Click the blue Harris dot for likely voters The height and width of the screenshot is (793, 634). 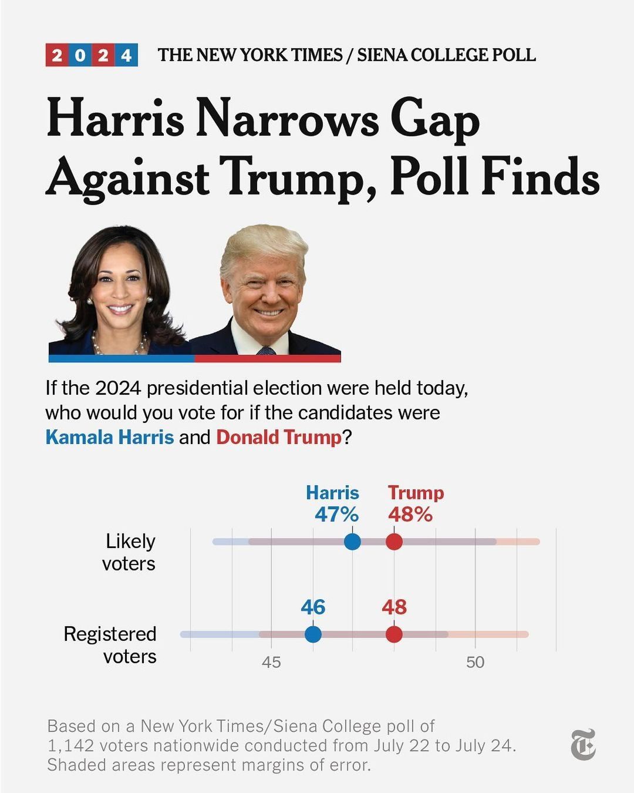click(x=352, y=541)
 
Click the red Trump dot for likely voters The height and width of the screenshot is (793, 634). click(x=394, y=541)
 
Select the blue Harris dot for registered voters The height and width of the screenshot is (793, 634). click(x=313, y=634)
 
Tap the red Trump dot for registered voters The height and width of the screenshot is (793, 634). click(x=394, y=634)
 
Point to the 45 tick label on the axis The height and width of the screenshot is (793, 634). click(x=271, y=663)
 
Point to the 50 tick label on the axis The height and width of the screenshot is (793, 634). click(x=475, y=663)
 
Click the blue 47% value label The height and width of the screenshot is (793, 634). click(x=336, y=515)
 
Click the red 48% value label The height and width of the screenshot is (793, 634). click(x=410, y=515)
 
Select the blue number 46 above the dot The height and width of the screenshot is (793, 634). click(x=313, y=607)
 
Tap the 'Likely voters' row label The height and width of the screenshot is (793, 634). click(x=129, y=552)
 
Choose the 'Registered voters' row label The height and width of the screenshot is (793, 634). click(x=110, y=645)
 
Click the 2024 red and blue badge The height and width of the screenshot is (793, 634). click(x=92, y=55)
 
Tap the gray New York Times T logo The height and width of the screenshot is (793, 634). click(x=583, y=745)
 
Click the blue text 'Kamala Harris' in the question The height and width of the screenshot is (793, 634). click(x=110, y=438)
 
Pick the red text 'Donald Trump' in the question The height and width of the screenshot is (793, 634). click(x=279, y=438)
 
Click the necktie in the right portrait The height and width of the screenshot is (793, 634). click(x=267, y=350)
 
